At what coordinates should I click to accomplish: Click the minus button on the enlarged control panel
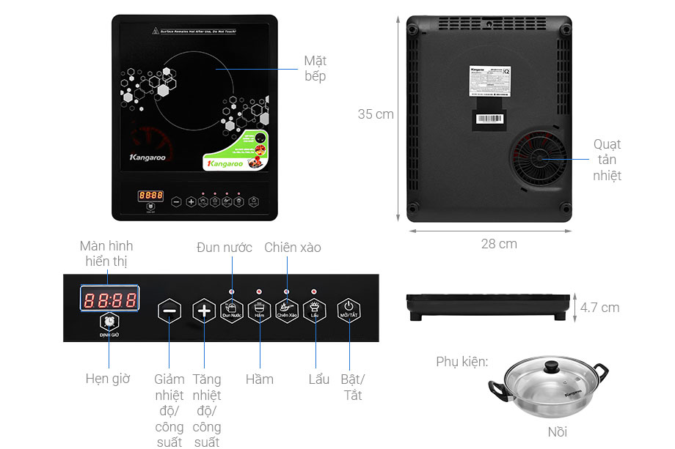tap(169, 311)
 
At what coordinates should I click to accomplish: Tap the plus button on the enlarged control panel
tap(204, 311)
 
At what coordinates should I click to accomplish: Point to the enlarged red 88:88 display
tap(110, 300)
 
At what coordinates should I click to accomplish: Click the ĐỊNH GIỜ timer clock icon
tap(109, 322)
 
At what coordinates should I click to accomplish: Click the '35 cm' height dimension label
tap(376, 114)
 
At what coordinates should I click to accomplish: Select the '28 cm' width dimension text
tap(499, 244)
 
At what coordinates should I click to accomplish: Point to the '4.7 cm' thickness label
tap(599, 308)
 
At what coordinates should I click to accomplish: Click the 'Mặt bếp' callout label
tap(315, 69)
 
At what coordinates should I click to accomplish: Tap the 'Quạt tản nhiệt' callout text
tap(607, 160)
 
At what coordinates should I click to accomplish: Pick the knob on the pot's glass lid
tap(551, 366)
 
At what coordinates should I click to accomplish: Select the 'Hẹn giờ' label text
tap(108, 379)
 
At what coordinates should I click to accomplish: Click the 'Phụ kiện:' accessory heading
tap(461, 362)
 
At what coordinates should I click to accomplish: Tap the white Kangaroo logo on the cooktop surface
tap(147, 157)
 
